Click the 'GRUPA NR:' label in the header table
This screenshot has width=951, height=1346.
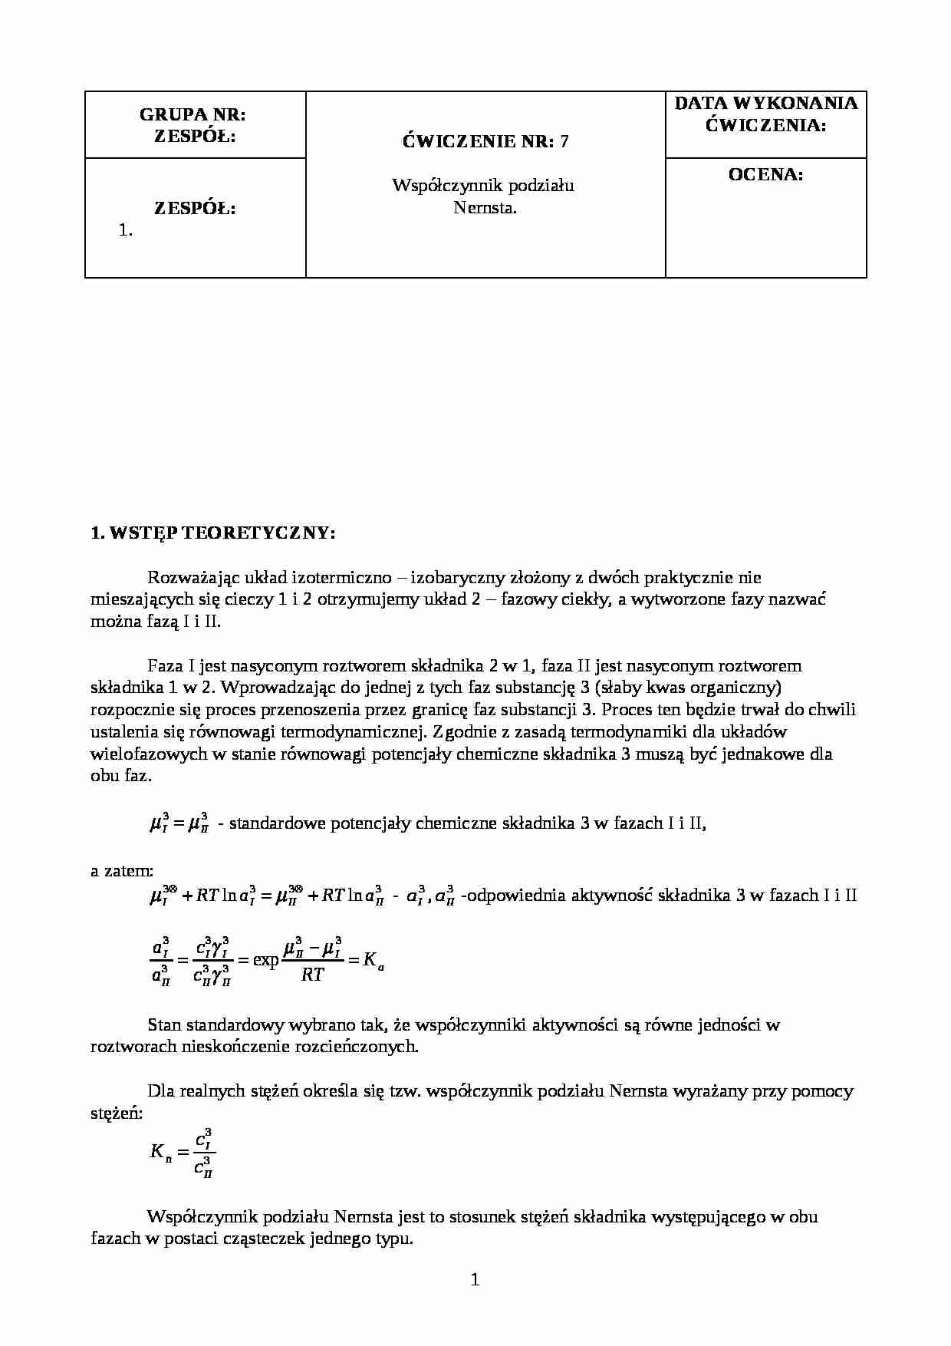click(193, 114)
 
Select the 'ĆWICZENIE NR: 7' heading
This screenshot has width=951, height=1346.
click(485, 141)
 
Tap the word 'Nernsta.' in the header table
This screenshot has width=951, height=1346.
click(485, 207)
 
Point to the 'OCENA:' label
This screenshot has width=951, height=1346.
click(765, 174)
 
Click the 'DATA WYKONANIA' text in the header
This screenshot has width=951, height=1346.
click(765, 103)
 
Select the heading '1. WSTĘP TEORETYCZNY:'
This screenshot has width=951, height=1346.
click(212, 533)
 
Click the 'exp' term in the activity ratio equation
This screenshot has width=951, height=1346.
click(265, 959)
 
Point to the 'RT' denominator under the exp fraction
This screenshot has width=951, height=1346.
click(312, 975)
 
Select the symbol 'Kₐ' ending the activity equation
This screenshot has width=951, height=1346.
click(373, 960)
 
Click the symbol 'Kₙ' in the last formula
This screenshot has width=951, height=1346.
click(160, 1151)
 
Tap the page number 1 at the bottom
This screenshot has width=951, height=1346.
click(475, 1279)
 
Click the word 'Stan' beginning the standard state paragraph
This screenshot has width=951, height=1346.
click(165, 1024)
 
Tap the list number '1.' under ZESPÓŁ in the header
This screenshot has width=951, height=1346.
click(127, 229)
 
